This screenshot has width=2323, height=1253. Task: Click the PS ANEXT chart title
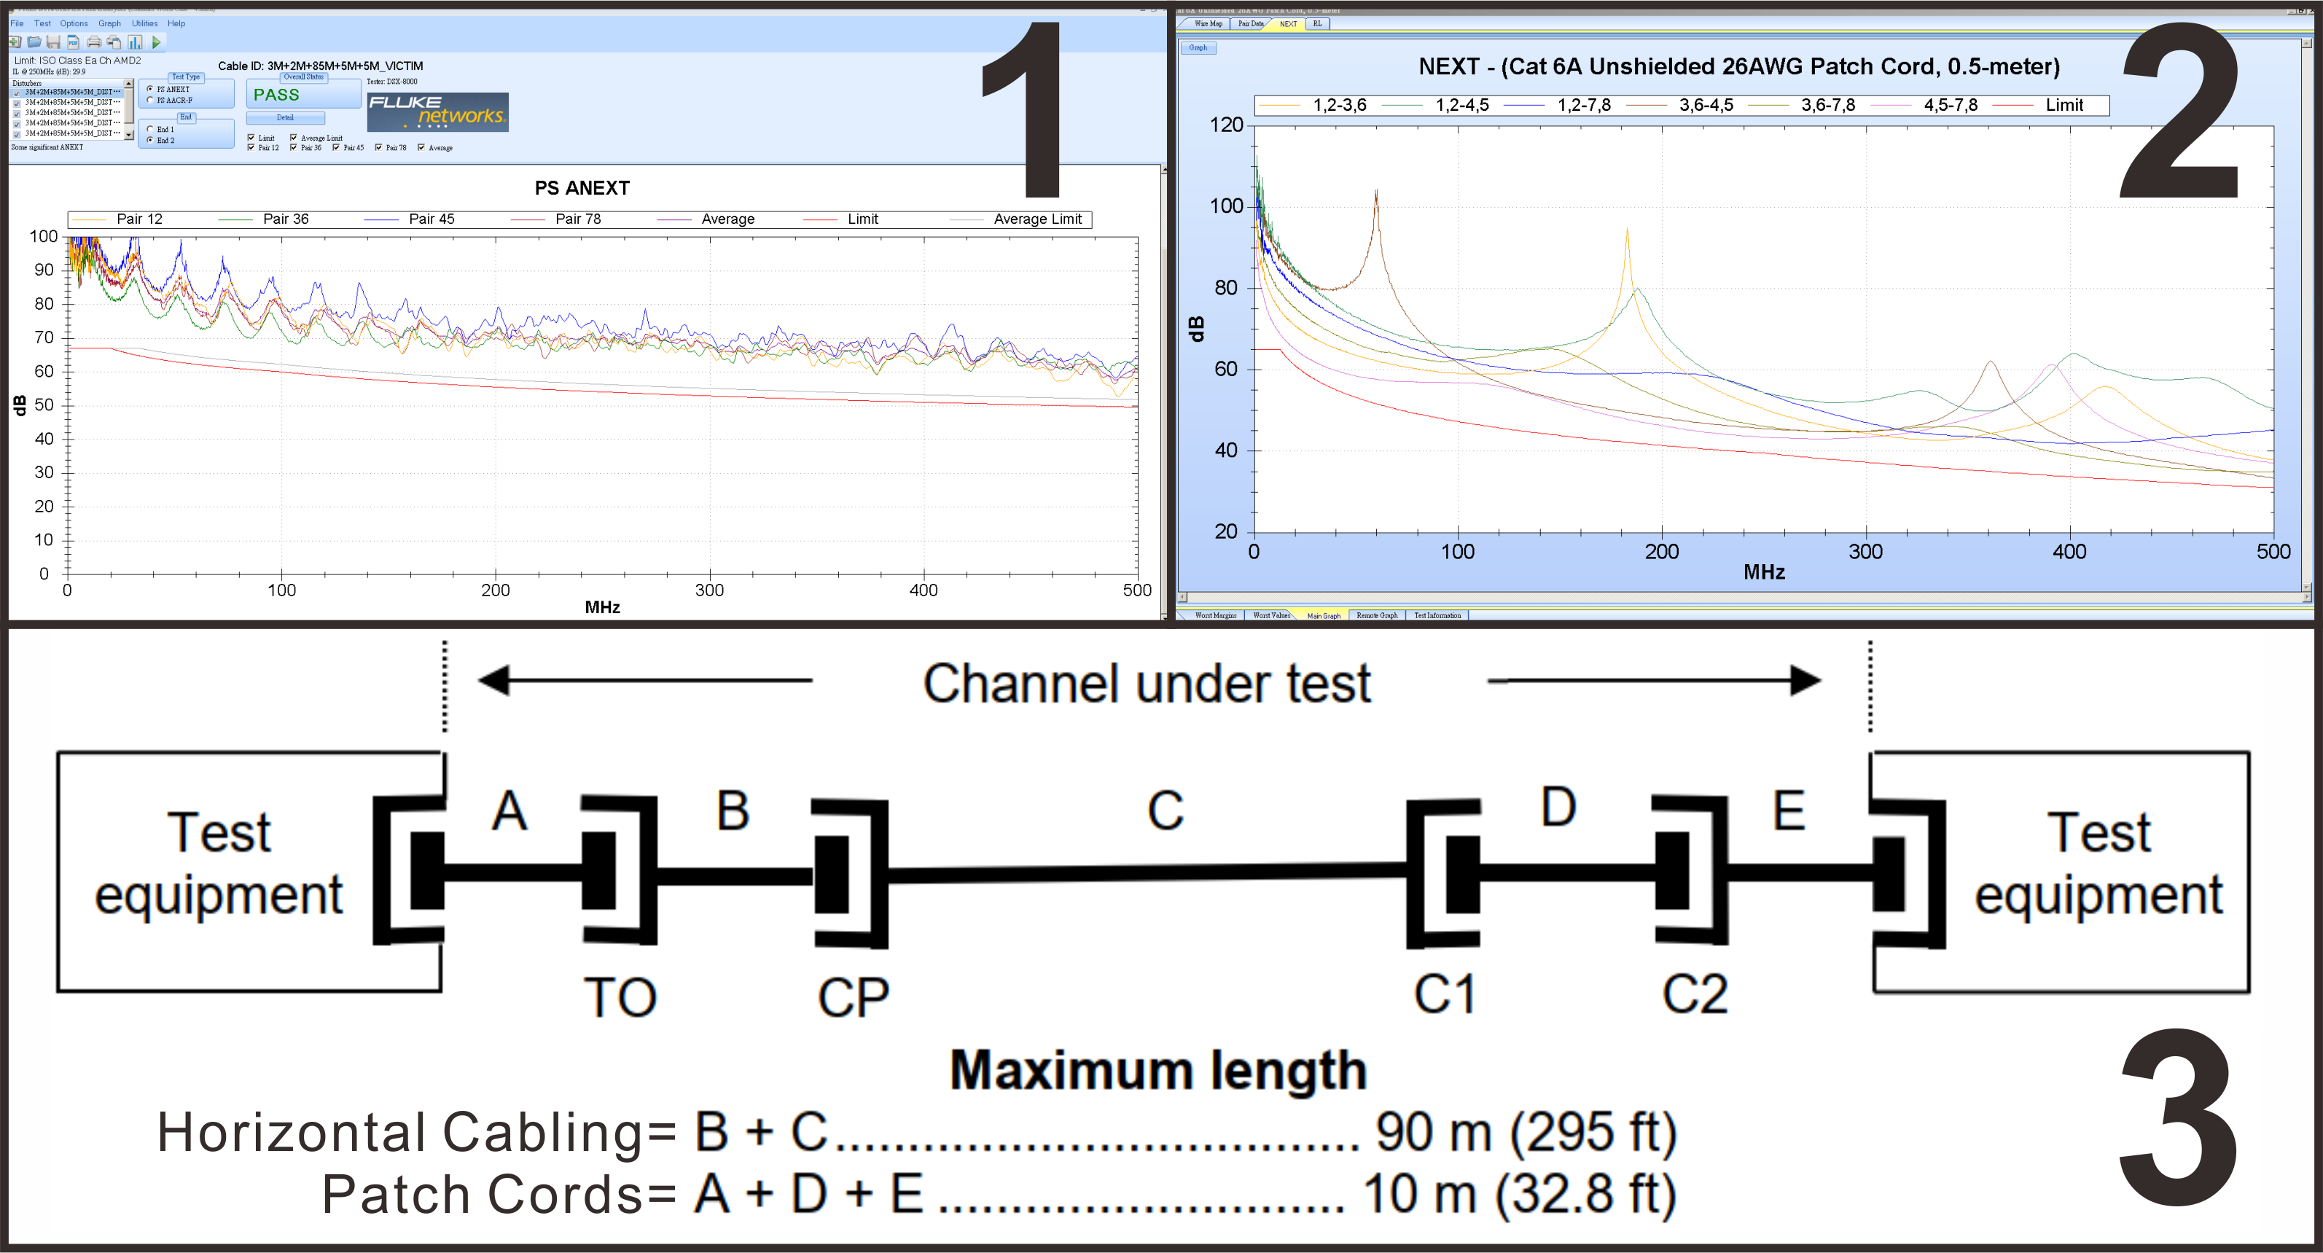[x=582, y=187]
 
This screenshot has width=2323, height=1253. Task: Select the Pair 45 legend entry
[x=431, y=219]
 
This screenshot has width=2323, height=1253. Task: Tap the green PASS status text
[x=276, y=95]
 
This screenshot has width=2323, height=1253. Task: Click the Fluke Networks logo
[x=437, y=112]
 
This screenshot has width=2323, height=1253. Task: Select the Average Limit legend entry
[x=1037, y=219]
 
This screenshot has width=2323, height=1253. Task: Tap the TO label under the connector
[x=620, y=997]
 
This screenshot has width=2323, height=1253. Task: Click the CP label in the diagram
[x=853, y=997]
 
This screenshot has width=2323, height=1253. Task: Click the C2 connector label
[x=1695, y=994]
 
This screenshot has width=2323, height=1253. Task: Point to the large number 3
[x=2179, y=1119]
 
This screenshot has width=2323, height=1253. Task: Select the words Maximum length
[x=1158, y=1071]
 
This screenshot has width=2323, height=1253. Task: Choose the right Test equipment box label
[x=2098, y=863]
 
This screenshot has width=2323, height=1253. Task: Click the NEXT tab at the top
[x=1288, y=23]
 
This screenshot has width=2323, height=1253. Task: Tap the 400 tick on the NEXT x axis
[x=2069, y=551]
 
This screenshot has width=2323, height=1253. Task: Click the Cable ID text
[x=320, y=66]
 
